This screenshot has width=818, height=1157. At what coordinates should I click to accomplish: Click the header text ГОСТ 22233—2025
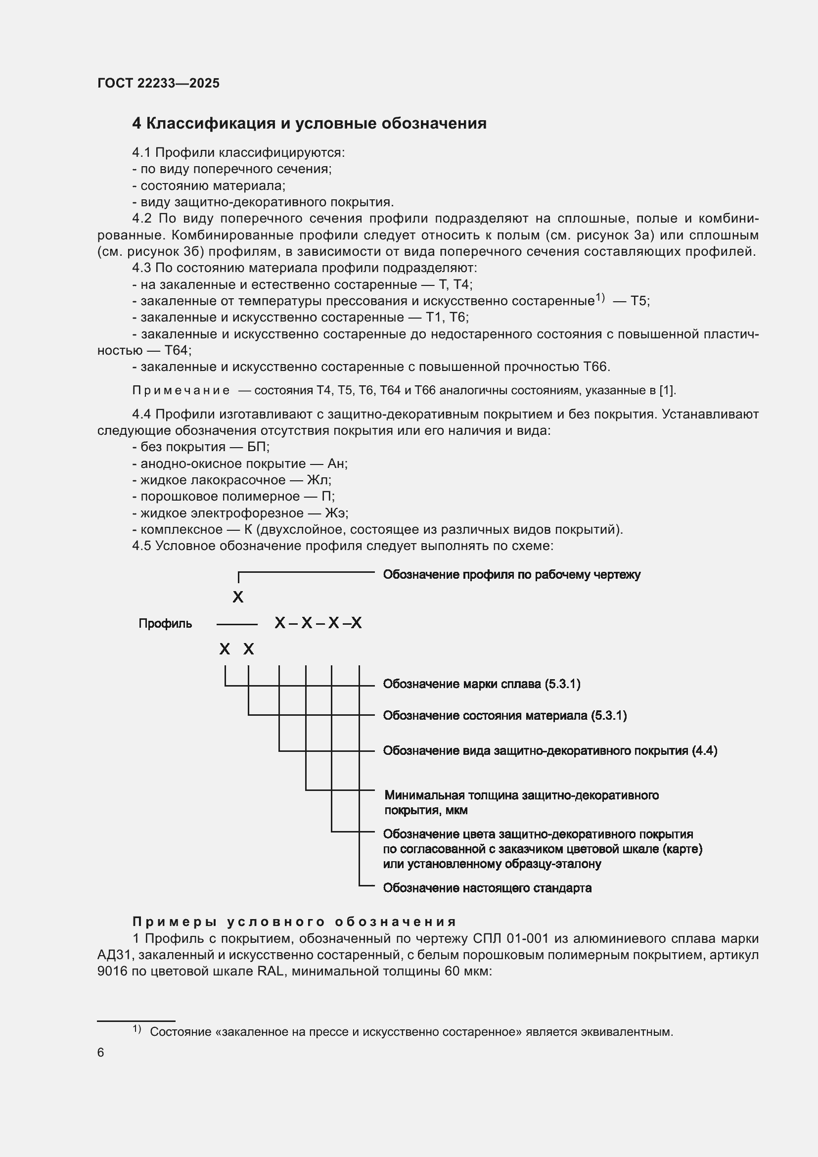point(159,83)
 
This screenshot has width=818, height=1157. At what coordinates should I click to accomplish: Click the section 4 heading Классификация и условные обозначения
point(309,124)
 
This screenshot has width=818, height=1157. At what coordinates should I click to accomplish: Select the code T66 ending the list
point(596,367)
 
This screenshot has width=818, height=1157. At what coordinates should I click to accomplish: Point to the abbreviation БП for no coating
point(258,447)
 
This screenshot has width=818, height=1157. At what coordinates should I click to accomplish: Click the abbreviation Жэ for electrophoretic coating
point(336,513)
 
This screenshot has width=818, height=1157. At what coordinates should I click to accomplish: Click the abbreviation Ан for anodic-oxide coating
point(337,463)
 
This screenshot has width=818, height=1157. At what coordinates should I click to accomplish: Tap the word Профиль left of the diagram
point(165,624)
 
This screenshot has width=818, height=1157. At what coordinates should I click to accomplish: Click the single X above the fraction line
point(238,597)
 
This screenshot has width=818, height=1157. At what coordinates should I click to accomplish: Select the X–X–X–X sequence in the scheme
point(318,623)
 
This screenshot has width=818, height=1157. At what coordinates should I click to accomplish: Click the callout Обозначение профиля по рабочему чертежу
point(511,575)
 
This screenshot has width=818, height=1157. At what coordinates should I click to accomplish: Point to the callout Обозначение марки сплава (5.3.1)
point(482,684)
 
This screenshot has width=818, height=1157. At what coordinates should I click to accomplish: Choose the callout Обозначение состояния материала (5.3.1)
point(505,716)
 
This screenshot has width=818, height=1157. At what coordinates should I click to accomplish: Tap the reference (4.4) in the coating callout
point(705,751)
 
